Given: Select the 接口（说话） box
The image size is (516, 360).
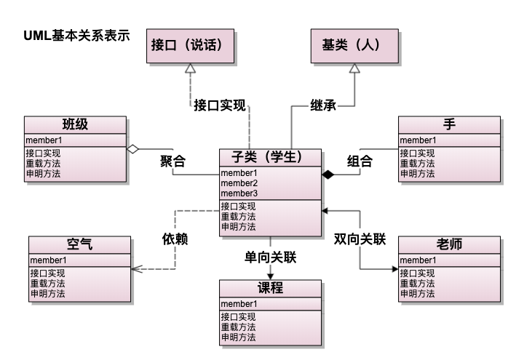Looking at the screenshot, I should tap(185, 45).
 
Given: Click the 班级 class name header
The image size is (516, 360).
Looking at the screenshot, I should tap(75, 124).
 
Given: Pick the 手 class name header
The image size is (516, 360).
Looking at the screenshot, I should tap(449, 124).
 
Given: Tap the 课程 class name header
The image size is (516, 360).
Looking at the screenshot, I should tap(270, 288).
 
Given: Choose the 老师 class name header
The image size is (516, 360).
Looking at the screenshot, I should tap(449, 244).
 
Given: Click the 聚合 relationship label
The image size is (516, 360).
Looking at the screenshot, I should tap(172, 161).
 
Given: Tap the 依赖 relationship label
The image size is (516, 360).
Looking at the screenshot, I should tap(175, 238).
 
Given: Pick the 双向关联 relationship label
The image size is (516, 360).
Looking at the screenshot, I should tap(359, 238).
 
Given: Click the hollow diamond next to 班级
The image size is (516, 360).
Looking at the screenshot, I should tap(132, 148).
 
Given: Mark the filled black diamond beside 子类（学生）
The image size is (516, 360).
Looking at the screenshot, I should tap(328, 175).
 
